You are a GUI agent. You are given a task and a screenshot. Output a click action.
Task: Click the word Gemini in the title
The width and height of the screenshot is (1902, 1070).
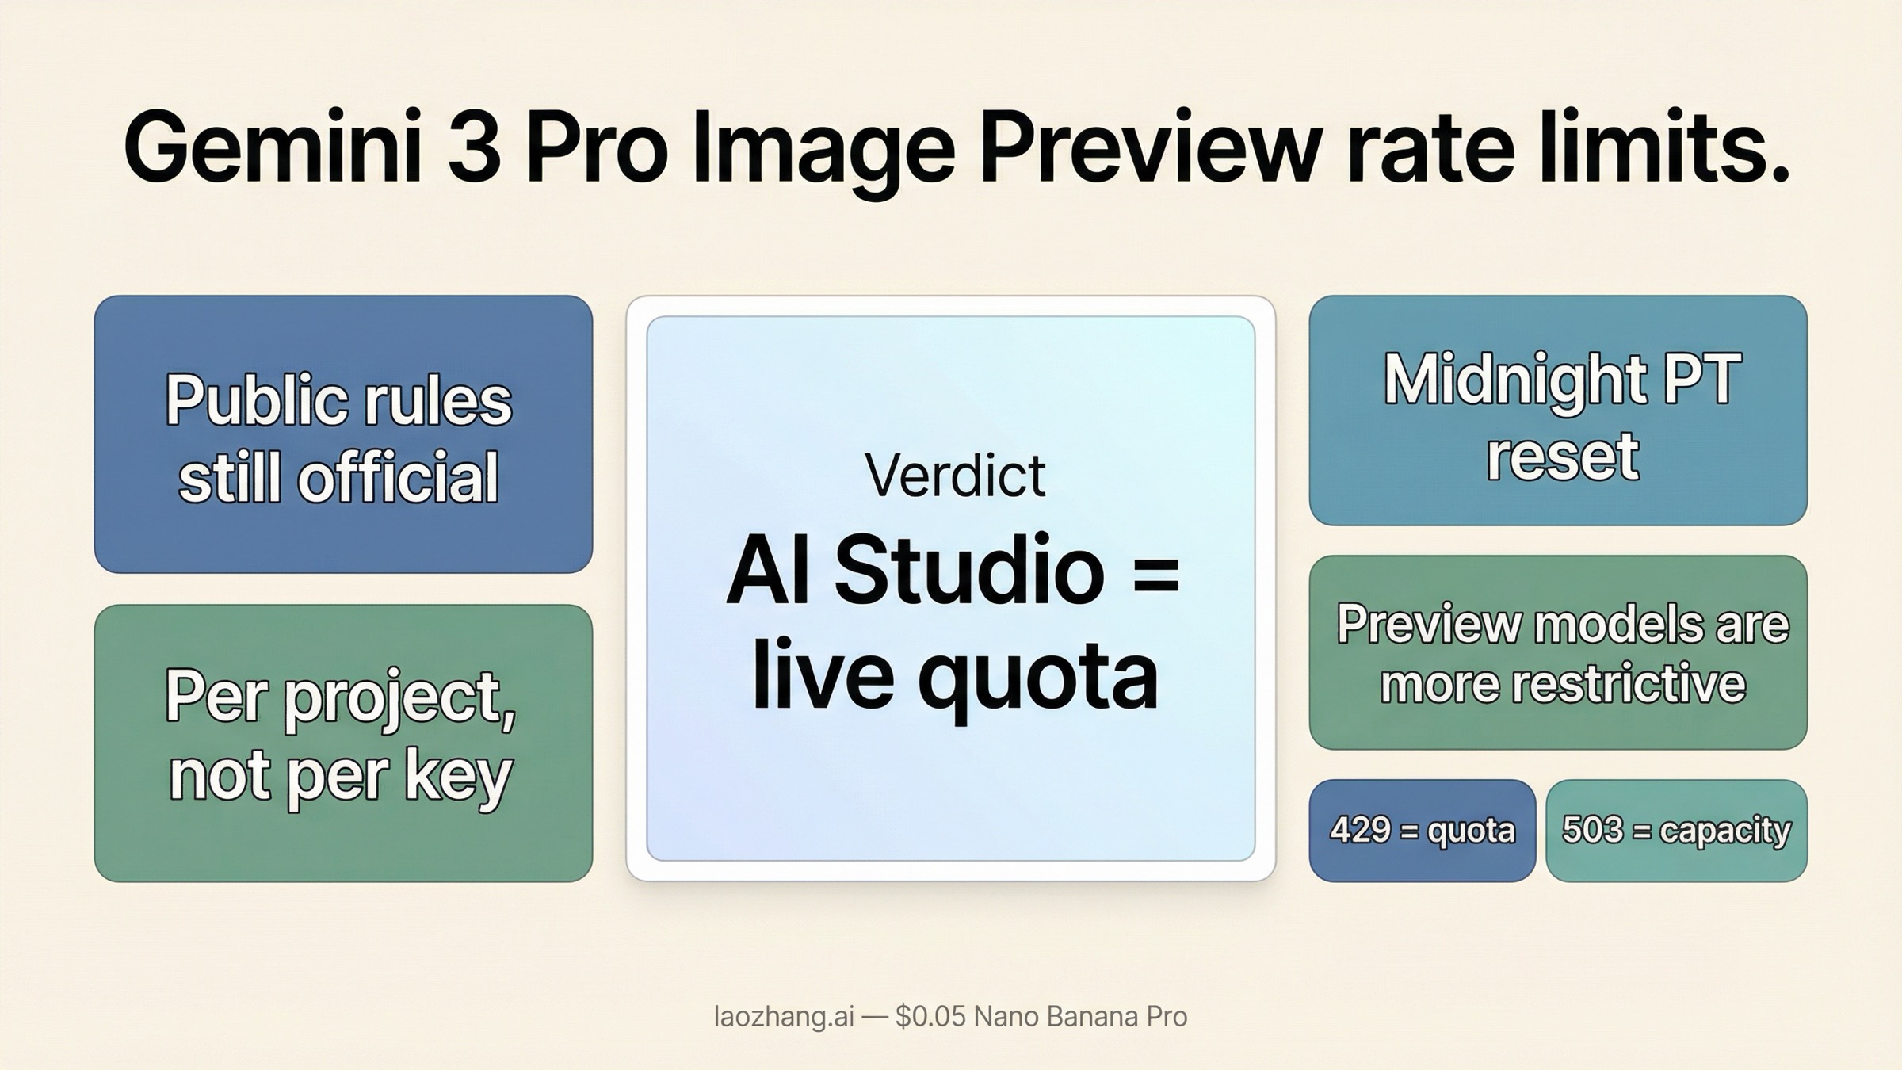click(x=272, y=149)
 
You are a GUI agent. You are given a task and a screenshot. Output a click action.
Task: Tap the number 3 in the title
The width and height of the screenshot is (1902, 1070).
click(x=474, y=149)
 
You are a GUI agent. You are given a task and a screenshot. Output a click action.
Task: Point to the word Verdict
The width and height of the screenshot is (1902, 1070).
click(x=955, y=476)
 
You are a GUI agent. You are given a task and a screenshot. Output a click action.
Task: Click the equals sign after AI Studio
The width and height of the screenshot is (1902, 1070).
click(x=1156, y=573)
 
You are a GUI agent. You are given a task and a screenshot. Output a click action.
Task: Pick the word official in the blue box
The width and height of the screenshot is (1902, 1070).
click(x=398, y=478)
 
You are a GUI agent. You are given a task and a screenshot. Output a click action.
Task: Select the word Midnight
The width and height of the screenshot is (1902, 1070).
click(x=1514, y=381)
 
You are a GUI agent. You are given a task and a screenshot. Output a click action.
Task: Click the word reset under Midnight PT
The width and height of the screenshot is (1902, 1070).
click(x=1562, y=457)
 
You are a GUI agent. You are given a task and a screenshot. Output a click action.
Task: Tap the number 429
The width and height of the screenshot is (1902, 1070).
click(x=1360, y=831)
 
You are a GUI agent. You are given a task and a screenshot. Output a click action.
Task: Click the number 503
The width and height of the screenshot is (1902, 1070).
click(x=1591, y=831)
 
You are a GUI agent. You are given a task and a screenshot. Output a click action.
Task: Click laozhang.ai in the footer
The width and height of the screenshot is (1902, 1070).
click(x=784, y=1017)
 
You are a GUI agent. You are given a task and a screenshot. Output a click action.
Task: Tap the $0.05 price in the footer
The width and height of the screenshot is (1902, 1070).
click(x=930, y=1017)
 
